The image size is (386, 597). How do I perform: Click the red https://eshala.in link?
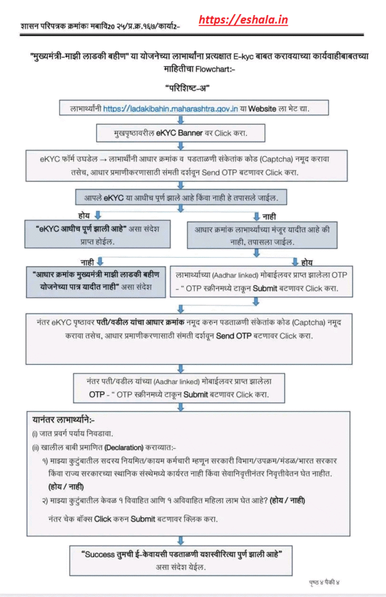[243, 20]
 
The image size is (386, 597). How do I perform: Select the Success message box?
[187, 558]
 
